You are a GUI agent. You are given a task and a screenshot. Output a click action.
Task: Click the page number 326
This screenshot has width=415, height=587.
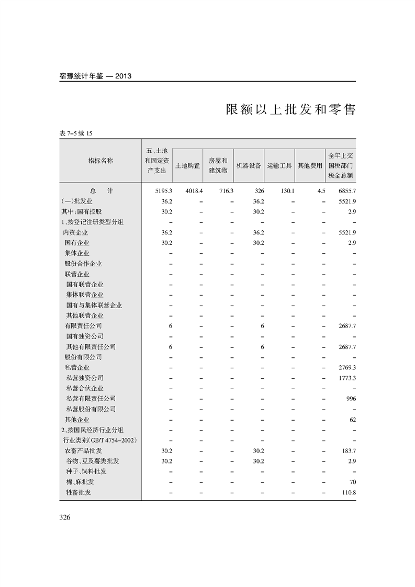65,517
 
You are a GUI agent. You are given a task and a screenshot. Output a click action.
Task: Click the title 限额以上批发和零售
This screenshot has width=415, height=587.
290,110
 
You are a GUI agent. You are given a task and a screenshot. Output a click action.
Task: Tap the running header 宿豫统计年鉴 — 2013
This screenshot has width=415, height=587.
95,76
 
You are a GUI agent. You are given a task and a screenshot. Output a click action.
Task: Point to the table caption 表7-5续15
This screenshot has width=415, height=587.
76,133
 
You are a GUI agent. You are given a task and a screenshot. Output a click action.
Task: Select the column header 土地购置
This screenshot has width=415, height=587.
187,166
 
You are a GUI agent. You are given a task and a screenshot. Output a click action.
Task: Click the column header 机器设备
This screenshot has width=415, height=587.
249,166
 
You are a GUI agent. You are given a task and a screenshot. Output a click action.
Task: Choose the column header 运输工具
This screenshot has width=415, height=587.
279,166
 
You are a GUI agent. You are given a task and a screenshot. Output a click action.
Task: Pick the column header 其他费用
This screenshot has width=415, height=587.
310,166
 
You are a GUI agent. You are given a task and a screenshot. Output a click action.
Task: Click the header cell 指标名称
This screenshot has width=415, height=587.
100,161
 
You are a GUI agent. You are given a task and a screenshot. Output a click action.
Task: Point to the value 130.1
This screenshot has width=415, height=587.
287,191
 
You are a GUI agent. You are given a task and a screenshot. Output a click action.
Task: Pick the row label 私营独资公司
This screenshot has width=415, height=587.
85,378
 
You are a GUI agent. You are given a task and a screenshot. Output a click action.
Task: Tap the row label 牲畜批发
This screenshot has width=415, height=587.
78,492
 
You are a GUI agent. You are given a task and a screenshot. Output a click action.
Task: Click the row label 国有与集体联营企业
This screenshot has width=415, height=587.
94,305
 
